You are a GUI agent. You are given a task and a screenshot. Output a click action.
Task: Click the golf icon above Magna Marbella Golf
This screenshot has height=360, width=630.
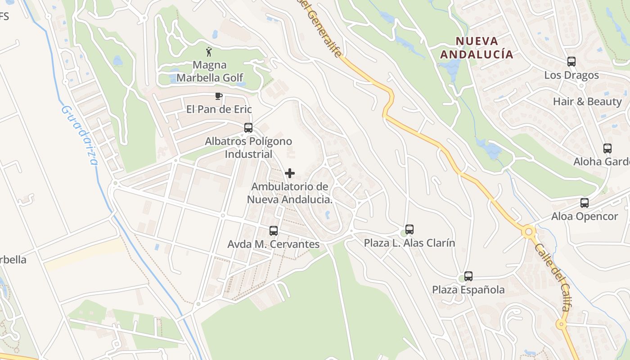pos(209,51)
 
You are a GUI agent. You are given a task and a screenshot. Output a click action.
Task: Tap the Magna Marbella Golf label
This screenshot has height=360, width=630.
pos(210,71)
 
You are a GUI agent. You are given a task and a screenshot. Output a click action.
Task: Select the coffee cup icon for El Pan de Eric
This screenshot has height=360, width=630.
pos(218,96)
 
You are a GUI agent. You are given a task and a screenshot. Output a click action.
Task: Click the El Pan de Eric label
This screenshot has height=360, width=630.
pos(219,109)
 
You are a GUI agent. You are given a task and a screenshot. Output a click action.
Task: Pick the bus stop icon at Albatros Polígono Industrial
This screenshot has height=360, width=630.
pos(248,128)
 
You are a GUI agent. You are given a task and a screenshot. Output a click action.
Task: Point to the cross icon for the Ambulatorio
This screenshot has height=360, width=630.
pos(290,173)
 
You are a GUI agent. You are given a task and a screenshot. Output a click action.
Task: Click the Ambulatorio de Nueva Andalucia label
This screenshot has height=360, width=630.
pos(290,193)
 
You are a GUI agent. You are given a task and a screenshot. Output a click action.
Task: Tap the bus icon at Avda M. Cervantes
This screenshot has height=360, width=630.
pos(273,231)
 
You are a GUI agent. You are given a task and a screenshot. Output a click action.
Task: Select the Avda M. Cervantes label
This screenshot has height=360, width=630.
pos(274,244)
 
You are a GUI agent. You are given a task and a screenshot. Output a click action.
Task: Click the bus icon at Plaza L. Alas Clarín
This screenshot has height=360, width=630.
pos(409,229)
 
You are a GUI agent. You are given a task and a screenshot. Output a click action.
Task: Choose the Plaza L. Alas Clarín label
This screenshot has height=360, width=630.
pos(409,243)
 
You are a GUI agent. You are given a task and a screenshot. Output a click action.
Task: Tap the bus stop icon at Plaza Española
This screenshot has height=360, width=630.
pos(468,276)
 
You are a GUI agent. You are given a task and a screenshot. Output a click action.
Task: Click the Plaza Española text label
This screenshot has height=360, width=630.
pos(468,290)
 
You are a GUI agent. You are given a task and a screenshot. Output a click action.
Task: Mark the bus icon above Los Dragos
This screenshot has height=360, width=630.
pos(571,62)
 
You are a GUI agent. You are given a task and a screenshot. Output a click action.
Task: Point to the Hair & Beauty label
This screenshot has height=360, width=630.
pos(587,102)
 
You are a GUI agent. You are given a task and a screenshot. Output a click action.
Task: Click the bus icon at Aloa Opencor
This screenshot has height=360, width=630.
pos(585,203)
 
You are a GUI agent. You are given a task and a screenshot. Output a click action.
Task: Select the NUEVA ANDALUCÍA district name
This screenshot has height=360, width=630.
pos(477,48)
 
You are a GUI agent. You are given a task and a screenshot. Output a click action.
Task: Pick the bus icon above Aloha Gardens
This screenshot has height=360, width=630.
pos(607,148)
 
